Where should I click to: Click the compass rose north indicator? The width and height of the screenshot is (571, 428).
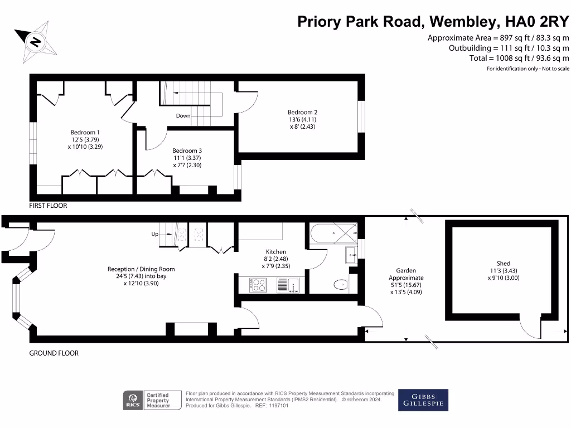[x=35, y=42]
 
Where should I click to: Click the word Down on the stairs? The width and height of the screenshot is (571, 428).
[x=183, y=116]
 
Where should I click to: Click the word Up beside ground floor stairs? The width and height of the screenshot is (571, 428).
[x=155, y=234]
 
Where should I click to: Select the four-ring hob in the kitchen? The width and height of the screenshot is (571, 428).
[x=258, y=285]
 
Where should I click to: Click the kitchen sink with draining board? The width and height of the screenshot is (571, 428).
[x=288, y=285]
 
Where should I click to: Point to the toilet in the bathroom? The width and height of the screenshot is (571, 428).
[x=341, y=285]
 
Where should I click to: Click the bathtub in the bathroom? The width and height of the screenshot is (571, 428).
[x=333, y=233]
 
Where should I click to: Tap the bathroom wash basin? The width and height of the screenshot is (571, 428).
[x=351, y=255]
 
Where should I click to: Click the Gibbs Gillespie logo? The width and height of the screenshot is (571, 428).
[x=423, y=400]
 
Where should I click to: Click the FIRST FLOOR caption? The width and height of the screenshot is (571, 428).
[x=48, y=206]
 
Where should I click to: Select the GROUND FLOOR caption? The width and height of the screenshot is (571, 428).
[x=54, y=353]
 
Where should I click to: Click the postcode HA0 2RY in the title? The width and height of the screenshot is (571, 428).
[x=537, y=22]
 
